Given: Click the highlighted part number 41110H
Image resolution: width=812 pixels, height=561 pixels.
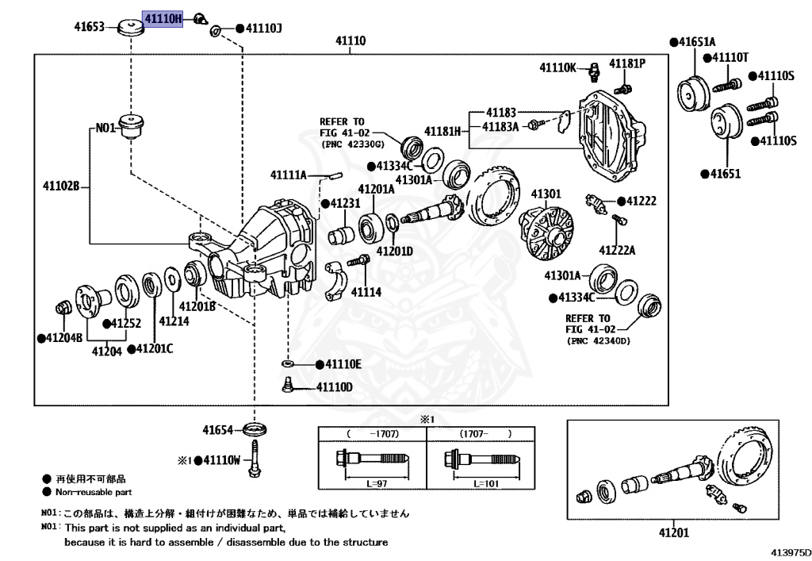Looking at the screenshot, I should [163, 19].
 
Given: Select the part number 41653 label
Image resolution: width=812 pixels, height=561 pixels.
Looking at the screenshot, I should [90, 27].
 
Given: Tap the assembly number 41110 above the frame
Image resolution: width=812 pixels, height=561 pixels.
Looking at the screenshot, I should [350, 39].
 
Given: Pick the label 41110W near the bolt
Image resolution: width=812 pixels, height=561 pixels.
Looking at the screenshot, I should [221, 459].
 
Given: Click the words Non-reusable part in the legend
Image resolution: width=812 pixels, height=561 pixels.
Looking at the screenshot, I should [88, 492].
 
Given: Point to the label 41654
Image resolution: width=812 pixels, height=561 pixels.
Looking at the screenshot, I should [217, 430].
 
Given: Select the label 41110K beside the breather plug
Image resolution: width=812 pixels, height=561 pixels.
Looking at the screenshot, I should [558, 68].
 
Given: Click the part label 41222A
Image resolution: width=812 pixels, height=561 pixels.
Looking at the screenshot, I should [617, 250].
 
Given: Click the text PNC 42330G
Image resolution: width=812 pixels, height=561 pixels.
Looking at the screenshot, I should [352, 145].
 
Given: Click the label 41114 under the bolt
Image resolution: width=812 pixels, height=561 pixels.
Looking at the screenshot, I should [366, 292].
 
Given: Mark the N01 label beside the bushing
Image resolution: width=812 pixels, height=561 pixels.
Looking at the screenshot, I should [105, 126].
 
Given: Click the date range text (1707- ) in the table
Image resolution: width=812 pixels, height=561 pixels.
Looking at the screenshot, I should [481, 434].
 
